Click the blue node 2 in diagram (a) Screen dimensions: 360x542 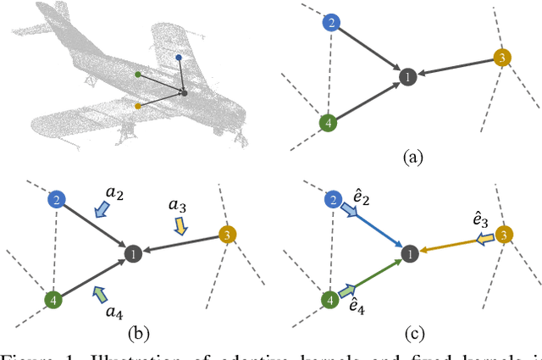point(331,24)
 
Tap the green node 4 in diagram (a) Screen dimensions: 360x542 point(328,124)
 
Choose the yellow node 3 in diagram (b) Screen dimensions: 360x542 point(227,235)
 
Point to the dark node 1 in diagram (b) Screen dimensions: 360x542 point(131,253)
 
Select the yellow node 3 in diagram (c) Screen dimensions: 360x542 point(504,235)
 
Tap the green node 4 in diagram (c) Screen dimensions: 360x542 point(328,300)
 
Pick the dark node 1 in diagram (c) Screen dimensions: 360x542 point(407,253)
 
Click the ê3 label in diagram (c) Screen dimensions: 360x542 point(479,219)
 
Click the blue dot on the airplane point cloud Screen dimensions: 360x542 point(178,58)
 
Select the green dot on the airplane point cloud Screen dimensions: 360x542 point(137,75)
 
